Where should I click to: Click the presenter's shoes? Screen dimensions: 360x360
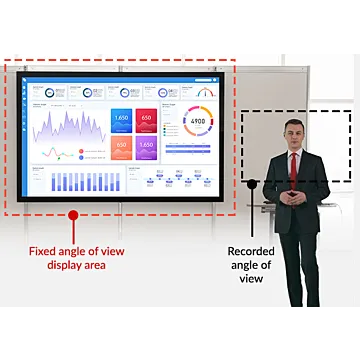pos(294,303)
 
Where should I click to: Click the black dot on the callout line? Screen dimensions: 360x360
pos(252,183)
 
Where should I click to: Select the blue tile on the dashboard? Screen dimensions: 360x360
pos(121,122)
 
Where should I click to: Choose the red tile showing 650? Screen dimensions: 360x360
pos(146,122)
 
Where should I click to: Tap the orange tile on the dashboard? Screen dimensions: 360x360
pos(121,148)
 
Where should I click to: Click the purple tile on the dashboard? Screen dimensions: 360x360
pos(146,148)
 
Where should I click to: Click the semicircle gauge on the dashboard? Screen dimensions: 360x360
pos(205,93)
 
